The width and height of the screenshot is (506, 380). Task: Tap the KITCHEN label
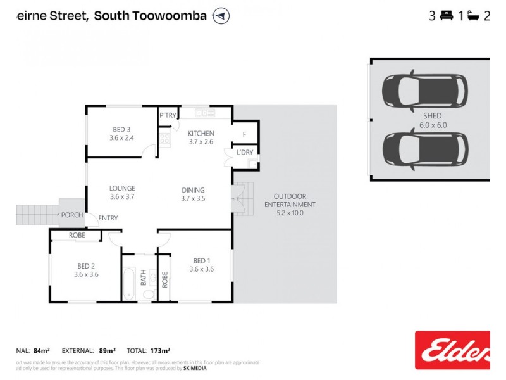(x=201, y=133)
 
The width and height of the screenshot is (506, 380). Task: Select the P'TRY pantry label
(x=168, y=115)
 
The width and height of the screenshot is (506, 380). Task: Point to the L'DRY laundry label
(x=245, y=153)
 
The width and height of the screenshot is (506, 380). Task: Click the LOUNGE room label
(x=122, y=188)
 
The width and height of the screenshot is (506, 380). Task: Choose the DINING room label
(x=193, y=189)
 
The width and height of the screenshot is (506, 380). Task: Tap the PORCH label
(x=72, y=215)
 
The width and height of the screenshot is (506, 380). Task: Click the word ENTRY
(x=108, y=218)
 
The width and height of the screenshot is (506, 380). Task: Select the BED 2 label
(x=85, y=265)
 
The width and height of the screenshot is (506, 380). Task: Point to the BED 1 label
(x=201, y=260)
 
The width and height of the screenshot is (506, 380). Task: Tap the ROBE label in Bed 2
(x=78, y=235)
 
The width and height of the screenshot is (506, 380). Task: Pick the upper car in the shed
(x=424, y=92)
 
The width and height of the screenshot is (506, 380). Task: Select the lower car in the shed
(x=424, y=149)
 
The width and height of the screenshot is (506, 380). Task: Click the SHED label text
(x=433, y=117)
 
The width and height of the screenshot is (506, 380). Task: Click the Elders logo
(x=452, y=350)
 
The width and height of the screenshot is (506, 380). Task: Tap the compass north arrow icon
(x=221, y=16)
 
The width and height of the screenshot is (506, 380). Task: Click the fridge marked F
(x=244, y=134)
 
